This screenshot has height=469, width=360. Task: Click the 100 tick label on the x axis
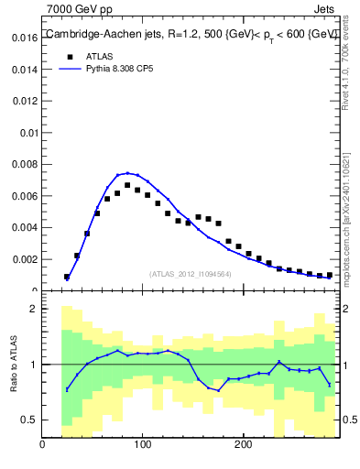[x=142, y=446]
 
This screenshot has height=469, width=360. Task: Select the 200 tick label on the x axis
[x=242, y=446]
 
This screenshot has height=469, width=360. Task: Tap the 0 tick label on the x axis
[x=42, y=446]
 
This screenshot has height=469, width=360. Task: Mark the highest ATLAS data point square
[x=127, y=185]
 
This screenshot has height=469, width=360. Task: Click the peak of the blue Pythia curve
[x=127, y=172]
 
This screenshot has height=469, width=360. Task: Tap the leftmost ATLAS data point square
[x=67, y=277]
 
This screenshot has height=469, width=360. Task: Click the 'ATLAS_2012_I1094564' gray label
[x=189, y=273]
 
